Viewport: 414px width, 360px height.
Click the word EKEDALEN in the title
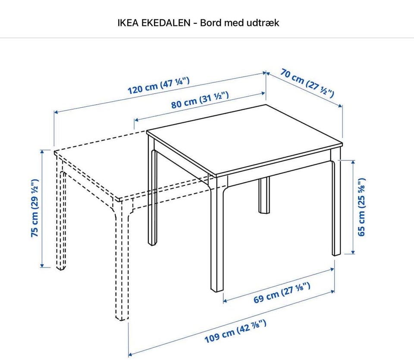point(166,23)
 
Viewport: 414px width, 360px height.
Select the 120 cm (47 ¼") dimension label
point(158,85)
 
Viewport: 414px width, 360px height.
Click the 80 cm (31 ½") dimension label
point(200,100)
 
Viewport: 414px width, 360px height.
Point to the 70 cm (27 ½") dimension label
point(307,83)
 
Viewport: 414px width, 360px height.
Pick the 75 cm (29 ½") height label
point(35,208)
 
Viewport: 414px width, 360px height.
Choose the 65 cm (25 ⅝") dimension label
point(361,207)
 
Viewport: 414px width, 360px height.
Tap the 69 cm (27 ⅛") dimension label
point(282,293)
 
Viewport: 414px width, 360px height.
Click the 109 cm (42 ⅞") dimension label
point(235,331)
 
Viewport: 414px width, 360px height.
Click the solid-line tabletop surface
point(245,140)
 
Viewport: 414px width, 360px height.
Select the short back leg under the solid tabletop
point(264,195)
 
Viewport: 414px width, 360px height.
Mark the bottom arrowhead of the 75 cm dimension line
point(42,265)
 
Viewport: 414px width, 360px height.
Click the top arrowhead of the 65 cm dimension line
point(353,162)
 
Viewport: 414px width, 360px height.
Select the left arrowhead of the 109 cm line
point(130,354)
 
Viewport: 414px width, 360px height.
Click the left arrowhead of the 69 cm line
point(226,301)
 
